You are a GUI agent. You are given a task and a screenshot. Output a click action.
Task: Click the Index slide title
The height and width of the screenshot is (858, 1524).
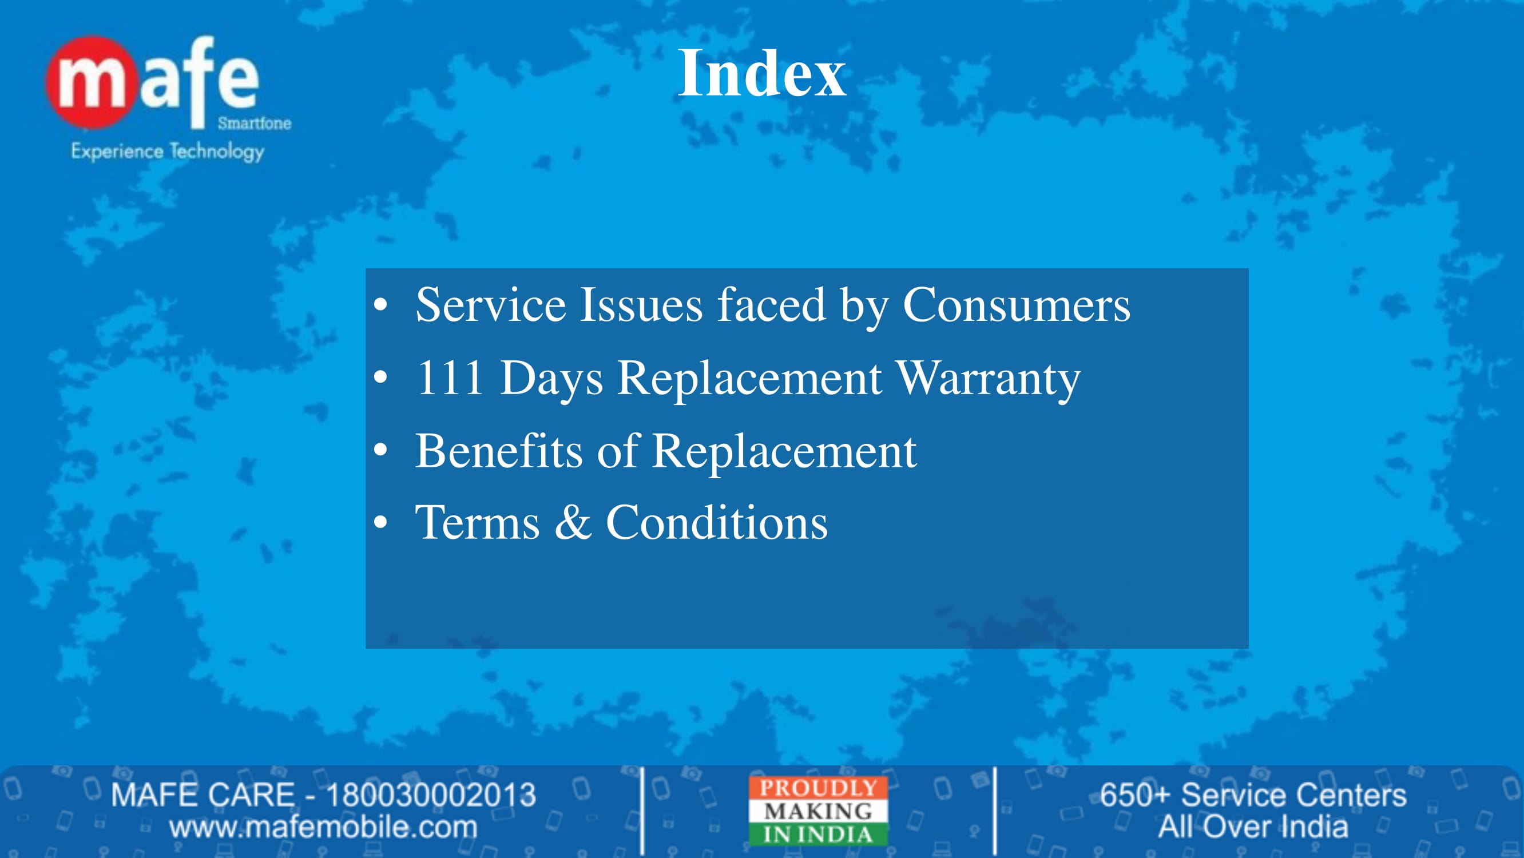coord(762,73)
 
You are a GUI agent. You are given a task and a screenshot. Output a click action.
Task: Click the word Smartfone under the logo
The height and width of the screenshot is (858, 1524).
coord(255,123)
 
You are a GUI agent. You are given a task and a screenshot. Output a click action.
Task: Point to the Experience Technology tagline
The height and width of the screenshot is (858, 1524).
coord(168,151)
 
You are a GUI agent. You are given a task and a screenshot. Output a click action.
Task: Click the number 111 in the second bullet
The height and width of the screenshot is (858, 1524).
coord(450,378)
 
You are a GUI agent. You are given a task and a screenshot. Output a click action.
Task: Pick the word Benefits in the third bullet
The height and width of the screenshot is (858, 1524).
coord(499,450)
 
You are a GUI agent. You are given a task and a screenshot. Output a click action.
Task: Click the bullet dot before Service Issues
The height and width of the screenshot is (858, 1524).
coord(381,305)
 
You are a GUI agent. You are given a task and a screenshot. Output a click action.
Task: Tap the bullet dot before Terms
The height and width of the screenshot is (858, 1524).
coord(381,522)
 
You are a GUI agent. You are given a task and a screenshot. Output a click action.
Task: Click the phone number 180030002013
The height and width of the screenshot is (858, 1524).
coord(431,795)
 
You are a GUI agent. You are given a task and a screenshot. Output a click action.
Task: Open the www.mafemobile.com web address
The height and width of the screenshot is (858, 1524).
coord(323,827)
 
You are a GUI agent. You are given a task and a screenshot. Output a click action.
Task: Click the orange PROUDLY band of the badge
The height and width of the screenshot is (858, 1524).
coord(818,788)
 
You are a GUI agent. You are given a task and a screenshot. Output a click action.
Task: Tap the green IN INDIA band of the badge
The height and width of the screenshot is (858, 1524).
coord(818,835)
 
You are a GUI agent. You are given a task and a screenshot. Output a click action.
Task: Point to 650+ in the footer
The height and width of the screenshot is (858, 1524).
coord(1135,795)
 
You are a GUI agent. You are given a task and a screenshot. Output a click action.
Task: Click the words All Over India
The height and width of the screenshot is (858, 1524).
coord(1253,827)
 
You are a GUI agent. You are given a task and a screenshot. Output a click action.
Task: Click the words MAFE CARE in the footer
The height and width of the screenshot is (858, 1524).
coord(203,795)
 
